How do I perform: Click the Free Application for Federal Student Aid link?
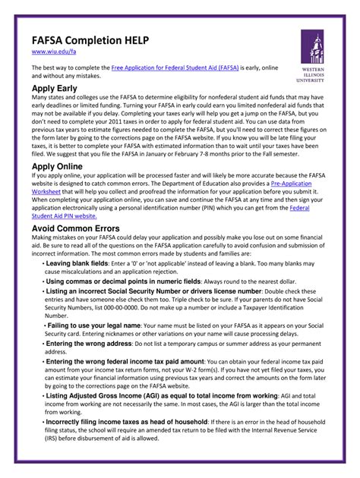175,68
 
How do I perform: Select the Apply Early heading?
58,89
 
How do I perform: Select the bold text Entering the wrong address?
91,344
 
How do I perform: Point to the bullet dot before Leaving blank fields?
42,263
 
